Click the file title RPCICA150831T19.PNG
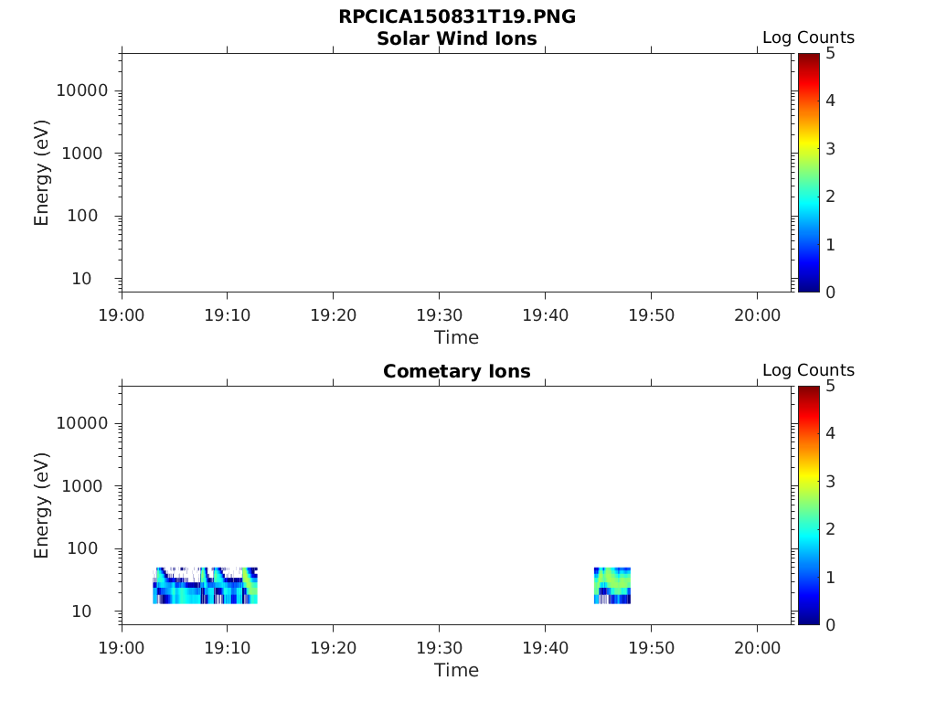tap(456, 17)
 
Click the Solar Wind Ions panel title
tap(456, 38)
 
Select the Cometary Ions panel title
tap(456, 371)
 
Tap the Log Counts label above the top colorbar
tap(808, 37)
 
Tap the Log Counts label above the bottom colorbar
tap(808, 370)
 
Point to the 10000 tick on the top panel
tap(82, 90)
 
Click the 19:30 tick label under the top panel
tap(440, 314)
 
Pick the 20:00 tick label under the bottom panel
tap(757, 647)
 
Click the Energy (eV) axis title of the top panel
tap(42, 173)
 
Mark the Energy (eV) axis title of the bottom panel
tap(42, 505)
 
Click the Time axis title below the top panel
tap(456, 337)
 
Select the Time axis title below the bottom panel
tap(456, 670)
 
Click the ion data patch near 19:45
tap(612, 586)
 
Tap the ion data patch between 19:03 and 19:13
tap(205, 586)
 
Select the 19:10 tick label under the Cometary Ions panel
tap(228, 647)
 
